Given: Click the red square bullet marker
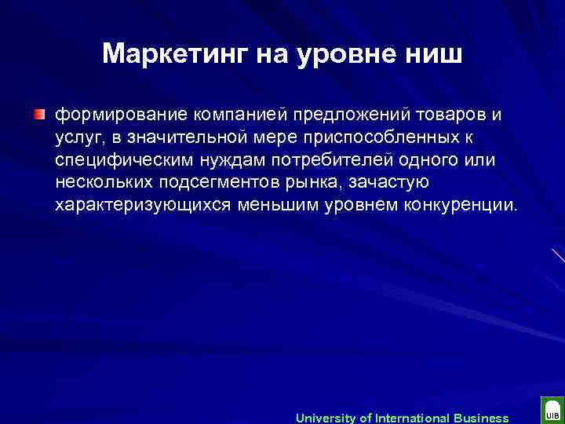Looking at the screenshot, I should click(x=39, y=115).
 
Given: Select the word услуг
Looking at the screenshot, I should click(x=77, y=138).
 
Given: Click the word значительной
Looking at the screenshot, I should click(x=192, y=138).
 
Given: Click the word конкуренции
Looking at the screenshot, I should click(x=459, y=206).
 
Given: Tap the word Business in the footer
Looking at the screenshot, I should click(x=480, y=418).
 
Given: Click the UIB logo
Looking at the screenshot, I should click(x=552, y=412).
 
